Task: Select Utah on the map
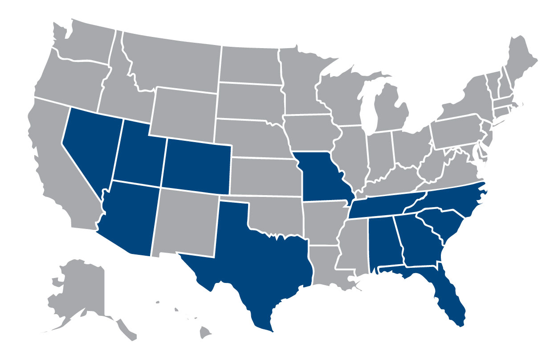pyautogui.click(x=138, y=154)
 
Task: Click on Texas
pyautogui.click(x=249, y=263)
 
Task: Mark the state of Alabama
pyautogui.click(x=383, y=243)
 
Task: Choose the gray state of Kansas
pyautogui.click(x=265, y=176)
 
